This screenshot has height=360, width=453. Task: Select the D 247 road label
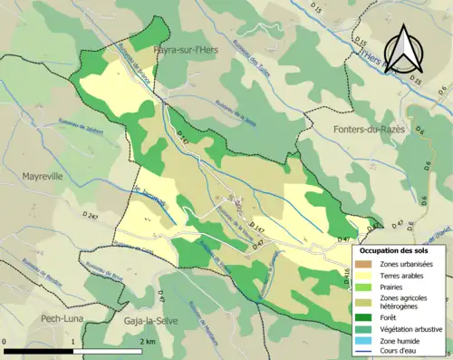tap(90, 213)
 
